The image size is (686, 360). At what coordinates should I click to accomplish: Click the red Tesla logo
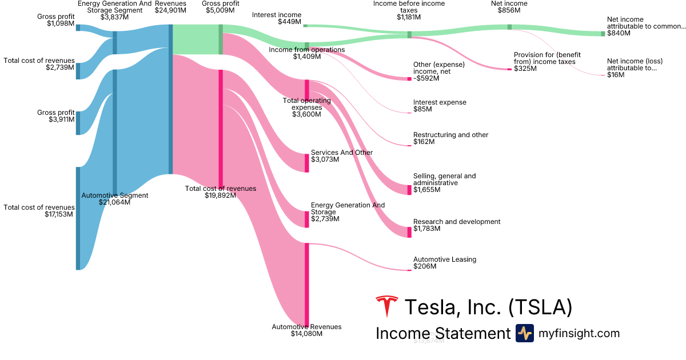click(x=386, y=307)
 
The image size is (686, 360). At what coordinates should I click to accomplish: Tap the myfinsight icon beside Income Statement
click(x=524, y=333)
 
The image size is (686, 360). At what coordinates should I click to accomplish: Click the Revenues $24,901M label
click(x=170, y=7)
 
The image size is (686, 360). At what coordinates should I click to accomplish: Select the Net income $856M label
click(x=509, y=7)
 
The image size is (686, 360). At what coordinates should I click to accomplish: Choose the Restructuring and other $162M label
click(x=450, y=138)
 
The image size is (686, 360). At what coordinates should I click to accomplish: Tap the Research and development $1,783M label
click(x=456, y=225)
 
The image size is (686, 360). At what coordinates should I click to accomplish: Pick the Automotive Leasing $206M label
click(x=444, y=263)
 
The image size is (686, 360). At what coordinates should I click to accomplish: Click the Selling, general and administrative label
click(x=444, y=179)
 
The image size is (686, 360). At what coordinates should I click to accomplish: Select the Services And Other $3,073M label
click(x=341, y=156)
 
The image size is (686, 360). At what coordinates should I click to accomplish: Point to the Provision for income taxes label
click(x=547, y=61)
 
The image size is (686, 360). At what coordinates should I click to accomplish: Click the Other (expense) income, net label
click(x=438, y=71)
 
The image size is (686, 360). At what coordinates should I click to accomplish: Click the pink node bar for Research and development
click(x=409, y=231)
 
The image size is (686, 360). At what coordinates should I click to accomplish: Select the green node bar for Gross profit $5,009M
click(x=221, y=39)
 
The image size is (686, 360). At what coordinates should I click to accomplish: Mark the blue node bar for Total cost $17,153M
click(x=78, y=218)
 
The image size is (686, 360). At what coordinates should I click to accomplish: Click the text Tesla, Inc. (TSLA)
click(x=488, y=307)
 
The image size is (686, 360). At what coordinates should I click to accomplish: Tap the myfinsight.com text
click(x=579, y=333)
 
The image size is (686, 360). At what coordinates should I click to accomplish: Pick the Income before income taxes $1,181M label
click(x=409, y=10)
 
